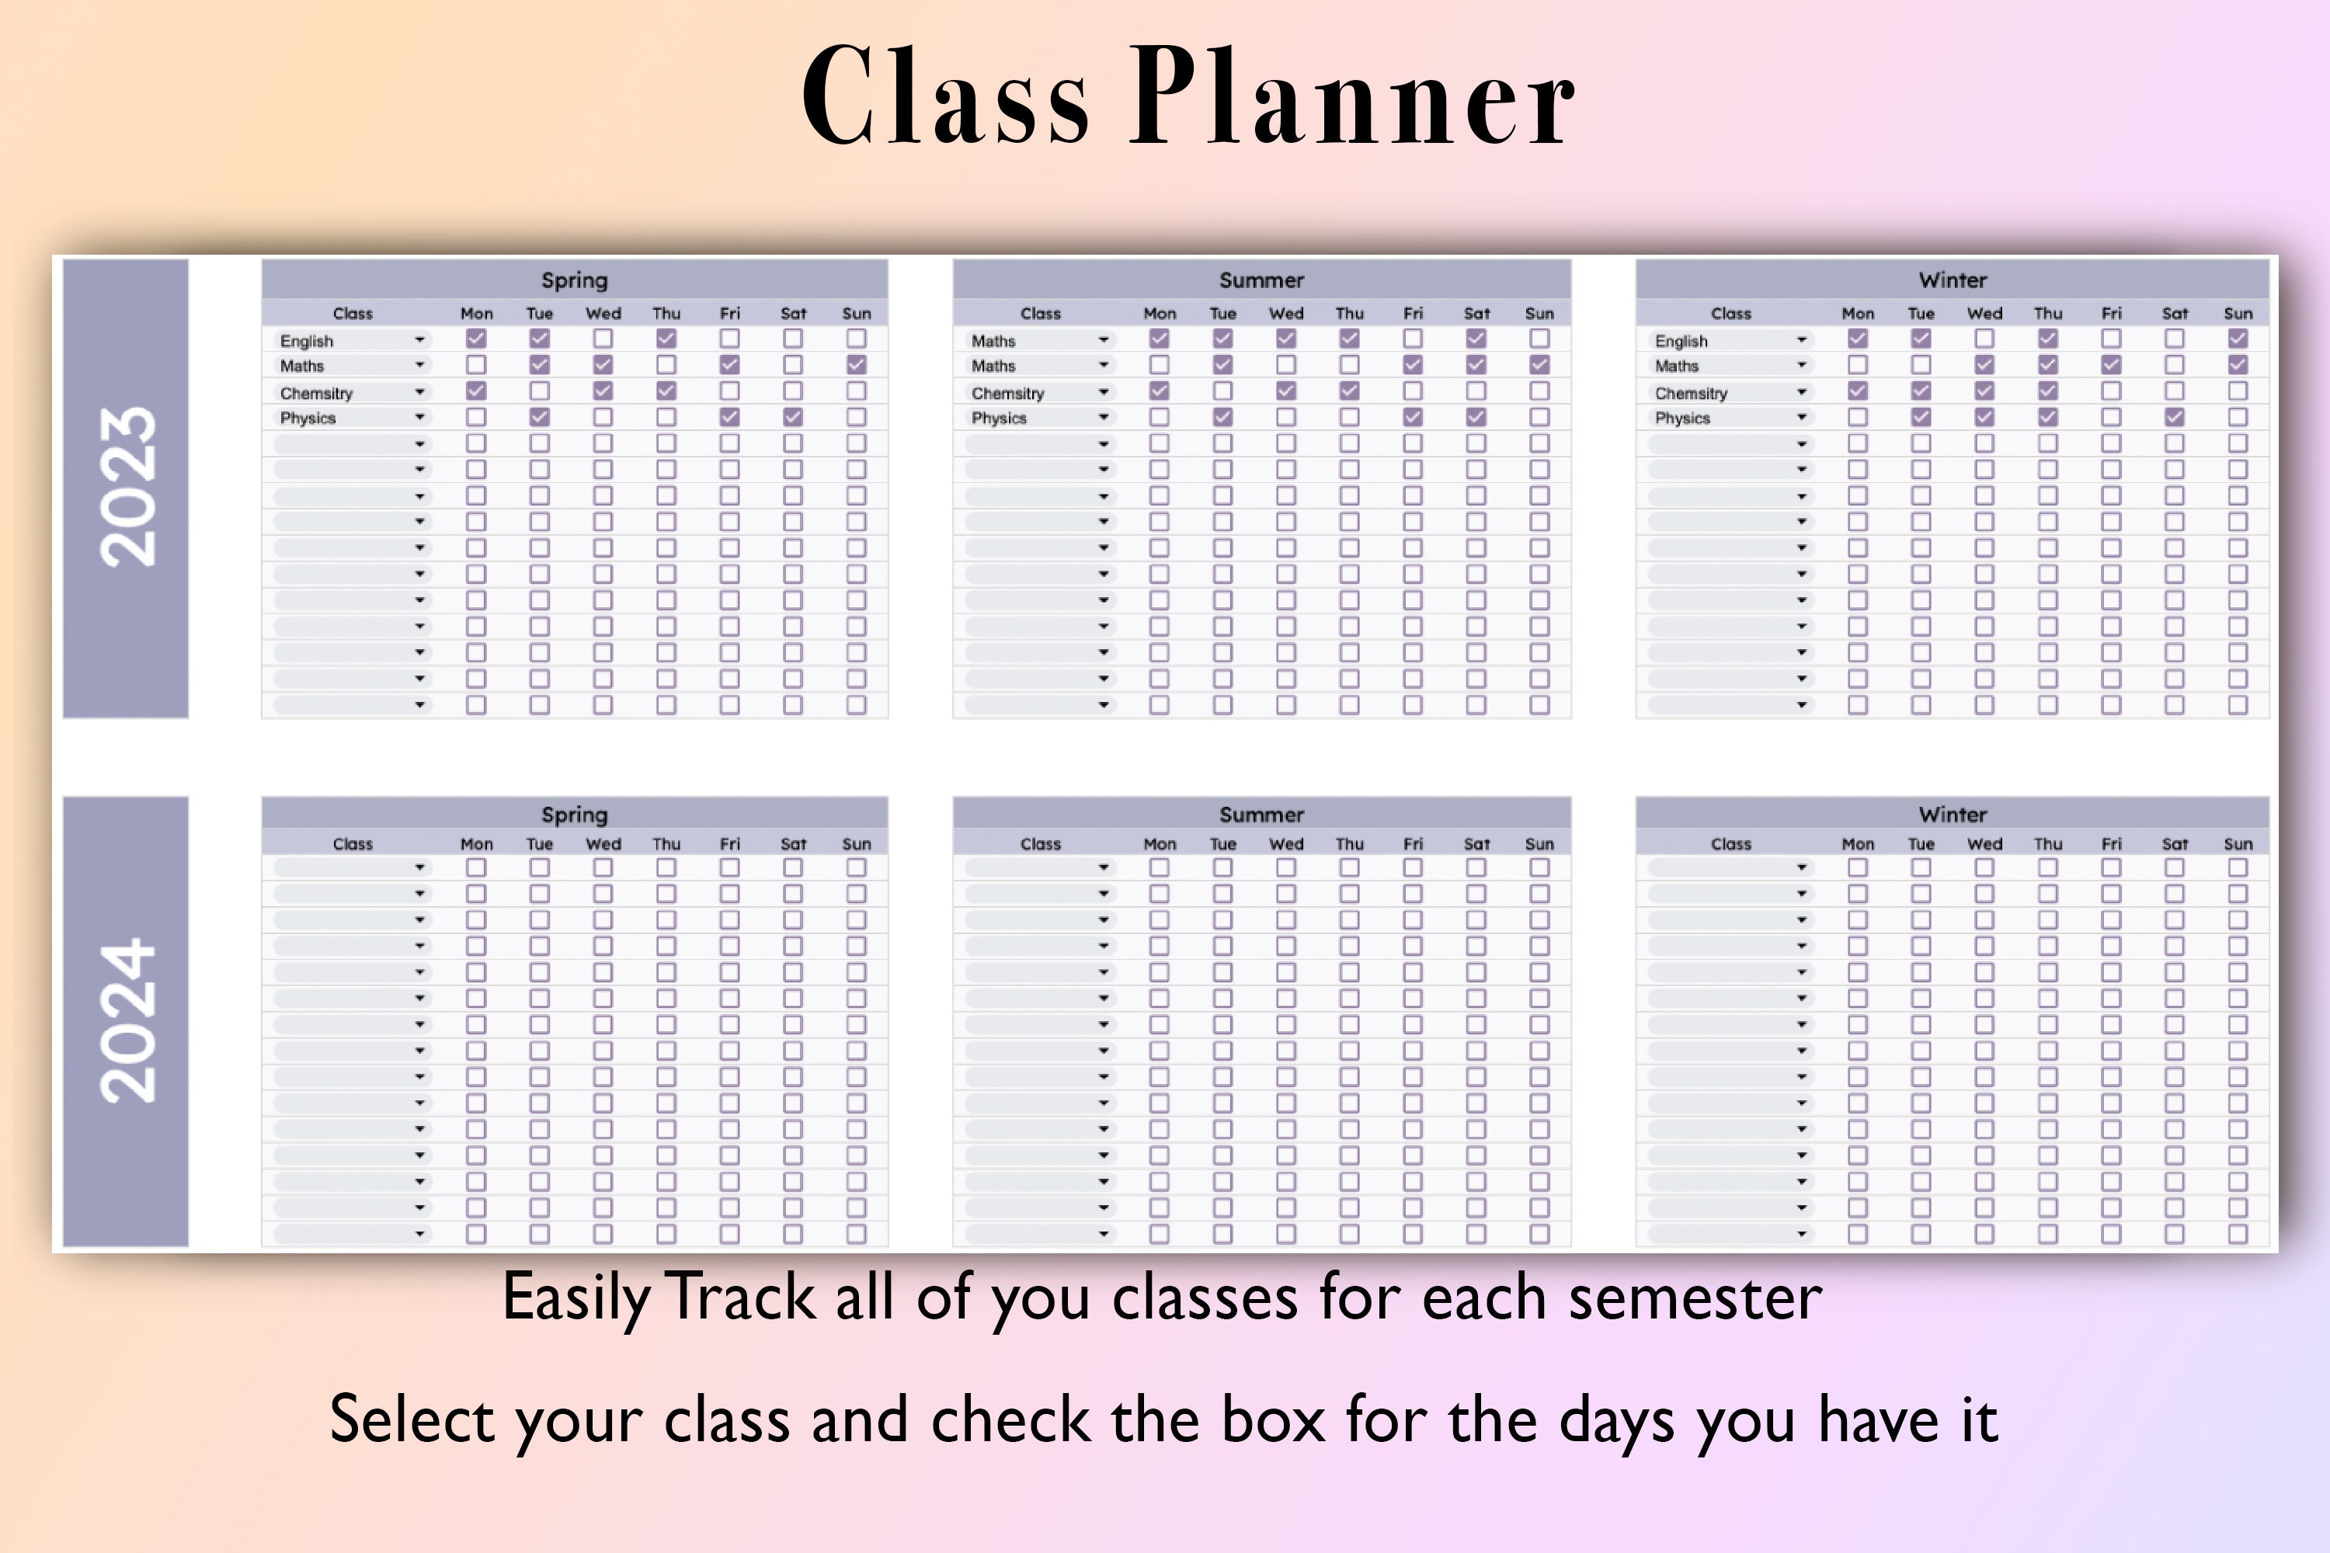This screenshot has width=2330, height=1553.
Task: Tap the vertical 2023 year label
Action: click(x=127, y=488)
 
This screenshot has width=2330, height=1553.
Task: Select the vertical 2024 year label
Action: click(x=127, y=1020)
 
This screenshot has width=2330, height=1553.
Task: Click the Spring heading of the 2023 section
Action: click(x=575, y=280)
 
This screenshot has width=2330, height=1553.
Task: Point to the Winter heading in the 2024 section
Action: click(x=1952, y=814)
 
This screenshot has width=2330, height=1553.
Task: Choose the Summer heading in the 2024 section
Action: click(x=1261, y=814)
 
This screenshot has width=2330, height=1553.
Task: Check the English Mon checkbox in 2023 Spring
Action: click(x=477, y=339)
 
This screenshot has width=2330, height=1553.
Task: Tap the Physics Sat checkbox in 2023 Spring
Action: click(x=792, y=417)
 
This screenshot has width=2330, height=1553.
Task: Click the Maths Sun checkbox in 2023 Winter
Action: click(x=2237, y=364)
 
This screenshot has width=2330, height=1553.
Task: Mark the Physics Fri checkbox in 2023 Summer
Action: click(x=1413, y=417)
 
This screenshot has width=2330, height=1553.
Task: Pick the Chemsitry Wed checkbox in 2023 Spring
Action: click(x=603, y=391)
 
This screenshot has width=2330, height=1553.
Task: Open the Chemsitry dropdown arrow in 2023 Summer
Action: click(x=1104, y=392)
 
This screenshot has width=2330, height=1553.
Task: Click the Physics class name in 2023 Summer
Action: click(x=999, y=418)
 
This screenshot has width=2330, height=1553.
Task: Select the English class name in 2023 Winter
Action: click(x=1681, y=341)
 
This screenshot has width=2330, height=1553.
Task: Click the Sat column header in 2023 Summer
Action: click(x=1476, y=313)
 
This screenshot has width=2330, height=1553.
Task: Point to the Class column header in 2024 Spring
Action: click(x=353, y=844)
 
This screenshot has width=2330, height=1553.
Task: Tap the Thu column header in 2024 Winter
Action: click(x=2047, y=844)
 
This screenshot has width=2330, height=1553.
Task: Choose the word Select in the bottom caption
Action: click(x=412, y=1419)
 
